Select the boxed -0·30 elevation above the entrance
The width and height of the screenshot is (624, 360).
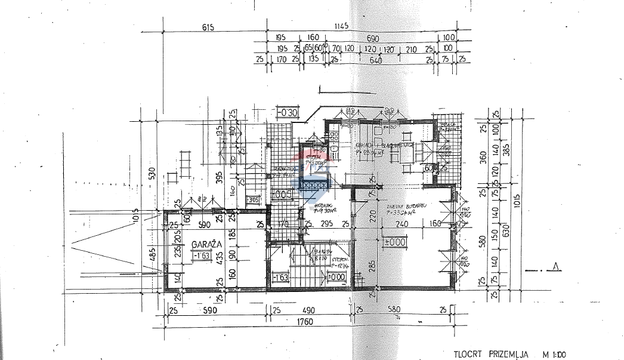pos(287,112)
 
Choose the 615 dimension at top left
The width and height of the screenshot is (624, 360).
pos(207,26)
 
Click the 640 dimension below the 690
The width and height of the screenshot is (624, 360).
pos(375,60)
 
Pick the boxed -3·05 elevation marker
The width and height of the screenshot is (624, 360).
pos(253,200)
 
